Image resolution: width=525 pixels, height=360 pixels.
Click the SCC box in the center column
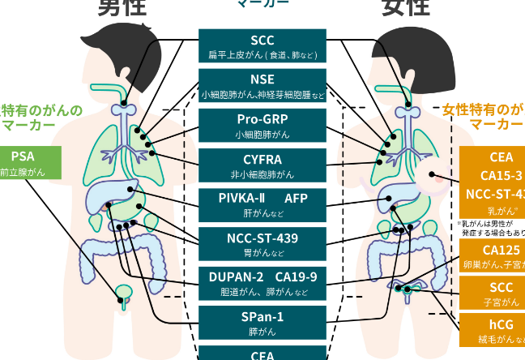coord(262,46)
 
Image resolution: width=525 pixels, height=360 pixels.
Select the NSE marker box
coord(262,85)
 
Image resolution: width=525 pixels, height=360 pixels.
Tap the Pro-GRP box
coord(262,124)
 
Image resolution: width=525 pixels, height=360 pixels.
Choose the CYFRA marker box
coord(262,164)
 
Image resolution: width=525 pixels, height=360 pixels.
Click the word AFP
coord(296,198)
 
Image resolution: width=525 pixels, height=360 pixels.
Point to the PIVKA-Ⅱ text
coord(241,198)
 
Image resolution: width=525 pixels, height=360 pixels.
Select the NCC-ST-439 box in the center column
coord(262,242)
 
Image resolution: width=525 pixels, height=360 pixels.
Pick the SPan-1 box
coord(262,321)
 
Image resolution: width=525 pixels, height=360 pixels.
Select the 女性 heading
coord(404,8)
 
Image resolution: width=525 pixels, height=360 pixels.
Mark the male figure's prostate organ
coord(123,293)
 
